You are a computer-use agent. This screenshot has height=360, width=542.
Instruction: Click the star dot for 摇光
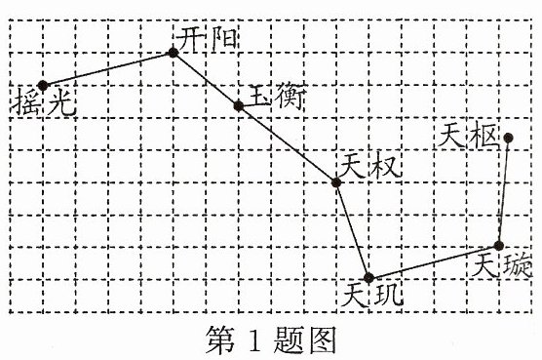coord(43,85)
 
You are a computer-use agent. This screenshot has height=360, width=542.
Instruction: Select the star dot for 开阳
coord(174,53)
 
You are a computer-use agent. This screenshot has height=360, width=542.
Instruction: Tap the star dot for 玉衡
coord(239,105)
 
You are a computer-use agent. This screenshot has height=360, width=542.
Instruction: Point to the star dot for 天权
coord(336,182)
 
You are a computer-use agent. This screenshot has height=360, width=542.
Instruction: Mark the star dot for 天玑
coord(369,277)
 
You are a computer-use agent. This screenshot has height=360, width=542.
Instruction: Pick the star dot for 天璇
coord(498,246)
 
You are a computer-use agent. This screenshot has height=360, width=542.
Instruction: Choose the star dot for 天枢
coord(508,138)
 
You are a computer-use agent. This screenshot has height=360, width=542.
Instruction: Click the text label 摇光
coord(44,102)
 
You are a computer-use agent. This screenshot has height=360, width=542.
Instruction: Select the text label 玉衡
coord(277,97)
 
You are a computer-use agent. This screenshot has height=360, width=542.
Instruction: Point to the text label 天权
coord(369,166)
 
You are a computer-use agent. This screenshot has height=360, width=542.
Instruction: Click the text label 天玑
coord(371,295)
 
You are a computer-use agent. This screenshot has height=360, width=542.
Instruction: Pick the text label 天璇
coord(502,265)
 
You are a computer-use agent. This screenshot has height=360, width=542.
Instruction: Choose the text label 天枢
coord(468,136)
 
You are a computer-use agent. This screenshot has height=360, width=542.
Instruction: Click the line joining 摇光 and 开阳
coord(108,69)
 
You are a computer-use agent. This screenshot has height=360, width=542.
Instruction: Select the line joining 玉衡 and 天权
coord(288,144)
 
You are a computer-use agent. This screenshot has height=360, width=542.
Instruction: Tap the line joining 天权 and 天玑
coord(353,230)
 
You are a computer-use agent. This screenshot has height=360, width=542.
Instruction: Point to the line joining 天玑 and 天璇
coord(434,261)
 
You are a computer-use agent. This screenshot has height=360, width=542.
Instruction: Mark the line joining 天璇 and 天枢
coord(503,192)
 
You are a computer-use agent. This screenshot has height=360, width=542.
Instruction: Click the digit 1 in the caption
coord(254,340)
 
